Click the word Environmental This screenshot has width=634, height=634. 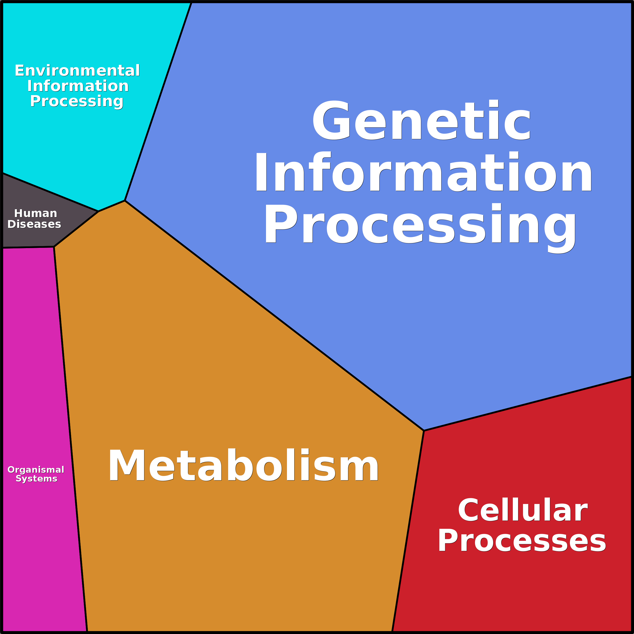77,71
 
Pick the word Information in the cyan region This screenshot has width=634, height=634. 78,86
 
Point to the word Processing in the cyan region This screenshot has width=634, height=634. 77,101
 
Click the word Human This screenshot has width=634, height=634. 35,213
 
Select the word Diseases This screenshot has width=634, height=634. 34,224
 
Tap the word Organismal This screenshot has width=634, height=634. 36,470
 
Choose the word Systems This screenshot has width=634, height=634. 36,479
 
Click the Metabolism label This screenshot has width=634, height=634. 243,465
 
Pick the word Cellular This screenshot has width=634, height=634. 522,510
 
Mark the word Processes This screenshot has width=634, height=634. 522,541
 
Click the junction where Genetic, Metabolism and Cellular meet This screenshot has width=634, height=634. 424,431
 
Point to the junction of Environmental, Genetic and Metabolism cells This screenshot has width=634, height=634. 125,200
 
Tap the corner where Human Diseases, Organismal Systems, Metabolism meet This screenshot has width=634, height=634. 54,247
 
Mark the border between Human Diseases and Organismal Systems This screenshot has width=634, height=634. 28,247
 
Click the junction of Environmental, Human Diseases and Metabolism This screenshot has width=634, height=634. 98,211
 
